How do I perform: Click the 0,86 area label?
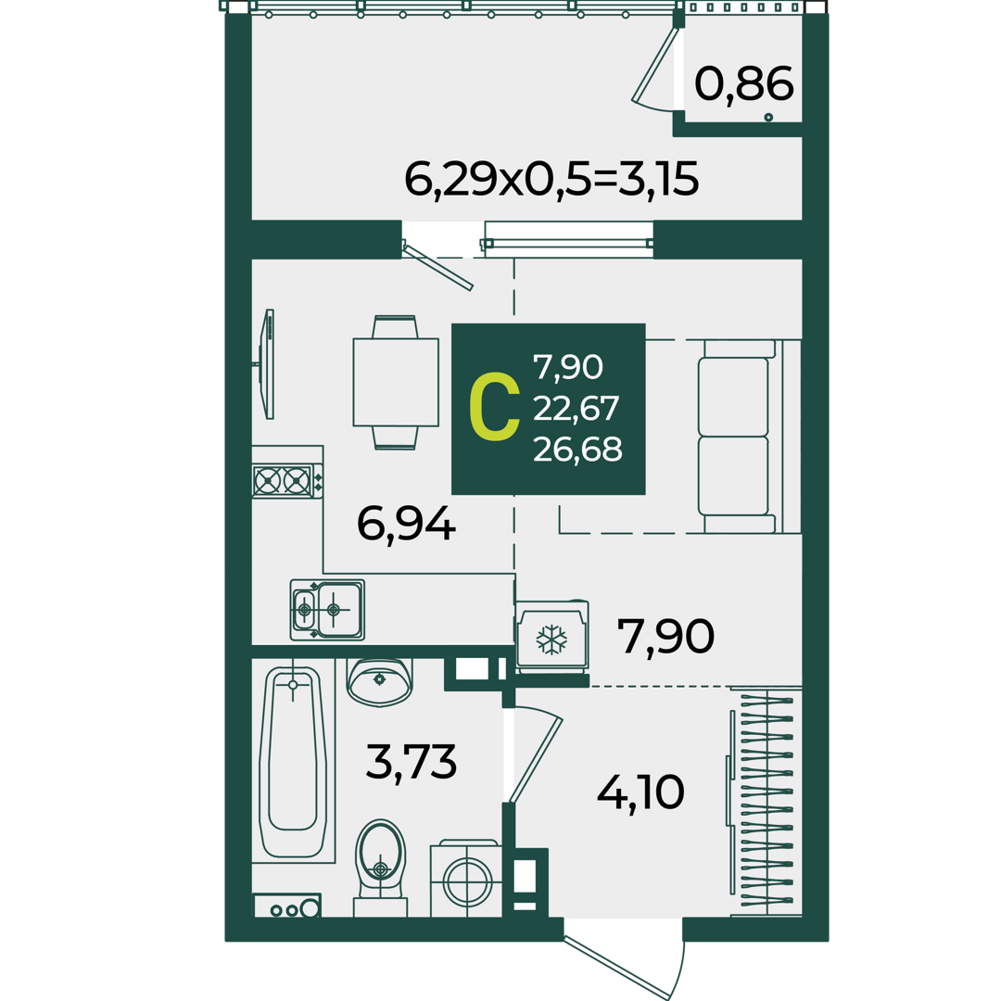tap(743, 84)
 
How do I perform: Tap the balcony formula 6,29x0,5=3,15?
tap(551, 180)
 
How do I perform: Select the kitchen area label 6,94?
tap(406, 524)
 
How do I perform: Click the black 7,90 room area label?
tap(665, 636)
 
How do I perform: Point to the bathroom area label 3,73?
tap(412, 762)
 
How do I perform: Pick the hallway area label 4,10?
tap(640, 792)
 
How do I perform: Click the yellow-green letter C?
tap(494, 409)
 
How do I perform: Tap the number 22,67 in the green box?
tap(576, 409)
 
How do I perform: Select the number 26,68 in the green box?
tap(577, 450)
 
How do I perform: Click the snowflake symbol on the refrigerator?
tap(551, 640)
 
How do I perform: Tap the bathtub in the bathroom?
tap(293, 762)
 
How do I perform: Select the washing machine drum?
tap(466, 882)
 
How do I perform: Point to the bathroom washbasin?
tap(379, 682)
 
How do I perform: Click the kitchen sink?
tap(327, 610)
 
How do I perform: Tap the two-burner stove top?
tap(287, 481)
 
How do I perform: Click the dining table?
tap(396, 382)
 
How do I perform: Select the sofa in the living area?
tap(750, 436)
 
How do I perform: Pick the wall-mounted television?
tap(267, 364)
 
